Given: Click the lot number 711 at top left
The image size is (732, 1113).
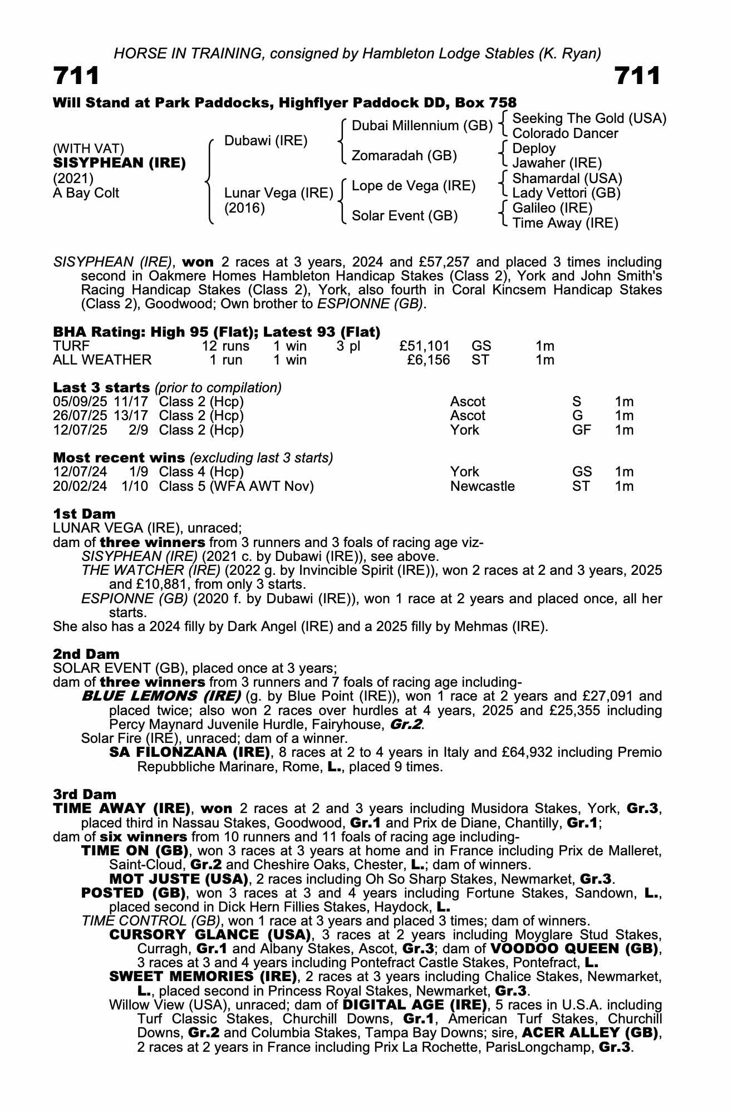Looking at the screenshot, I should [76, 76].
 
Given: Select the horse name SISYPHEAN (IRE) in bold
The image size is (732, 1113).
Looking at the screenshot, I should [119, 163].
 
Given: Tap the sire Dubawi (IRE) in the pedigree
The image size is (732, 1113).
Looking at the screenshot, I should [266, 141].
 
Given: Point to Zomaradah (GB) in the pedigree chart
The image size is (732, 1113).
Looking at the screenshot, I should [404, 156].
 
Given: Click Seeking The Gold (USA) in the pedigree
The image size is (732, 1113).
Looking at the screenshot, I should [589, 119].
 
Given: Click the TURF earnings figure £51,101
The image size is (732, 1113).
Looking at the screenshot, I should [424, 346].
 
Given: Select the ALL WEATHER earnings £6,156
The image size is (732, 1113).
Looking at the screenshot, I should [429, 360].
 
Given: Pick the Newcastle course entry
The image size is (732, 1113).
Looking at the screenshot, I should [482, 486].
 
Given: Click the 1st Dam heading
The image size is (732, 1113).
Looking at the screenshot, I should [84, 513].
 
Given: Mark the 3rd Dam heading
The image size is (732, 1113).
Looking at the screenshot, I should [85, 794].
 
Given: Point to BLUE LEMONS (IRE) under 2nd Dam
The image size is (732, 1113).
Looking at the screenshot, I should [161, 696].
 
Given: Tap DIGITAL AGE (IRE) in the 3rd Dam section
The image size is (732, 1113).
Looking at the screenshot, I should [414, 1005].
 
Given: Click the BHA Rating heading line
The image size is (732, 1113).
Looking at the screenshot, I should [217, 332].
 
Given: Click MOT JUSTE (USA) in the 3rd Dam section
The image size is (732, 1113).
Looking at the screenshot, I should [179, 879].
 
